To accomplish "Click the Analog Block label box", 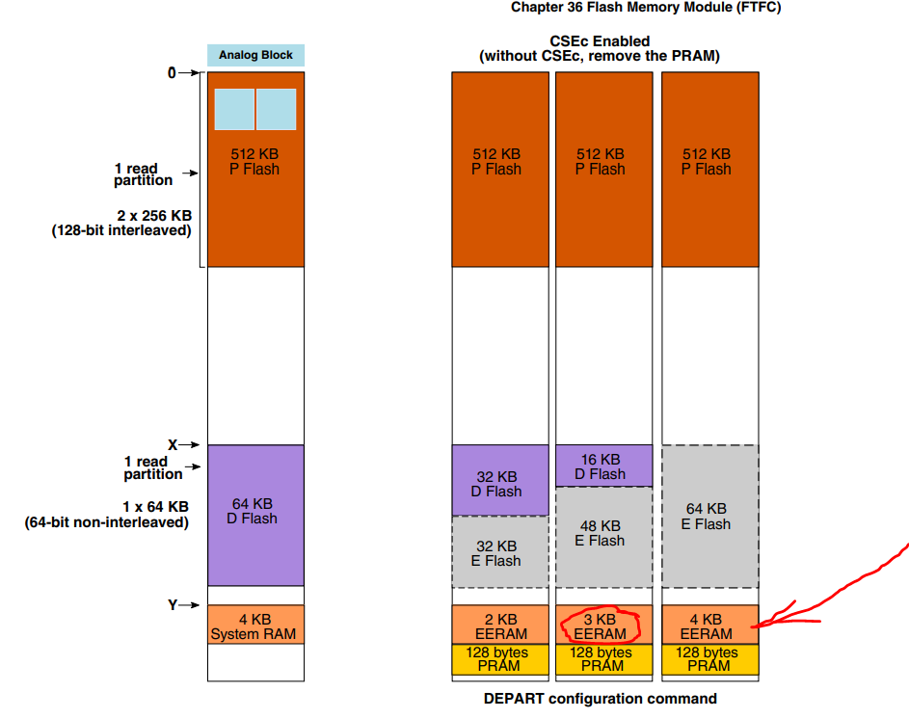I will pos(255,55).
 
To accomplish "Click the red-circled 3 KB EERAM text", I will pos(602,626).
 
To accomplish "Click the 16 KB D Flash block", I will pos(602,466).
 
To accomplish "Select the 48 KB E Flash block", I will pos(602,534).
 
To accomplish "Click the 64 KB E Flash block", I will pos(707,516).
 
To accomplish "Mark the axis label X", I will pos(174,445).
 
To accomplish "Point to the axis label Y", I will pos(174,605).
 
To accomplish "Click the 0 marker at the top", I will pos(172,72).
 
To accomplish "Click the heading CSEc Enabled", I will pos(600,41).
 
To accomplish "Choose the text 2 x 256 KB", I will pos(153,216).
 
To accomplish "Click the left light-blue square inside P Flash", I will pos(234,109).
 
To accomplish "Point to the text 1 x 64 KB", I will pos(155,507).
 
